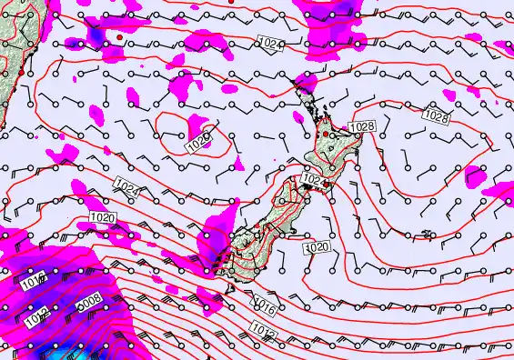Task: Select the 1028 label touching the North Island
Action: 361,125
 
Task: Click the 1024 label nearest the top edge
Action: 271,43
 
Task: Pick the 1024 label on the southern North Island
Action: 313,180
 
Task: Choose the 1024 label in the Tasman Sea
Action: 127,186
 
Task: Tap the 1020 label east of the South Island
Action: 317,247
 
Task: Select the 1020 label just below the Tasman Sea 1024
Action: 103,217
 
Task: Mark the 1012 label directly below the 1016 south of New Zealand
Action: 265,335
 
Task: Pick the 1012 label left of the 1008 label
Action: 37,319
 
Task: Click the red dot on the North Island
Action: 326,134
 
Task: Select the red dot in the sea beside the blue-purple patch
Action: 119,36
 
